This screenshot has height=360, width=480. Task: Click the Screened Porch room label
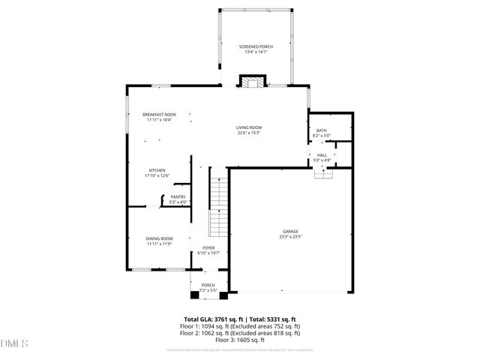pyautogui.click(x=256, y=46)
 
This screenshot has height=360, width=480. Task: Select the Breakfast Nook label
pyautogui.click(x=159, y=114)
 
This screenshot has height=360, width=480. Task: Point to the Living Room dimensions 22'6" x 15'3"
pyautogui.click(x=249, y=133)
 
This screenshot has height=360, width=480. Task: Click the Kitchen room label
pyautogui.click(x=157, y=170)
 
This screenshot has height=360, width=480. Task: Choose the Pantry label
pyautogui.click(x=178, y=196)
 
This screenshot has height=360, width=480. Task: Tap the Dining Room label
pyautogui.click(x=159, y=238)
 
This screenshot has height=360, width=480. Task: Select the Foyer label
pyautogui.click(x=208, y=248)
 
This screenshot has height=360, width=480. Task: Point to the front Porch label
pyautogui.click(x=208, y=284)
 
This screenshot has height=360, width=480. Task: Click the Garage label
pyautogui.click(x=290, y=231)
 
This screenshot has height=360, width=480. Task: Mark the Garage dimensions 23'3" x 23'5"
pyautogui.click(x=290, y=237)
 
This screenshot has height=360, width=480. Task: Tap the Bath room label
pyautogui.click(x=321, y=130)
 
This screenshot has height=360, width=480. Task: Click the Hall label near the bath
pyautogui.click(x=321, y=154)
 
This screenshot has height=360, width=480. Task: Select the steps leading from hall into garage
pyautogui.click(x=322, y=173)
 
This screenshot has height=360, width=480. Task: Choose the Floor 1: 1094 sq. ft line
pyautogui.click(x=239, y=326)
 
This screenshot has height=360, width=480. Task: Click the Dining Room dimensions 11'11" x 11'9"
pyautogui.click(x=159, y=244)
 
